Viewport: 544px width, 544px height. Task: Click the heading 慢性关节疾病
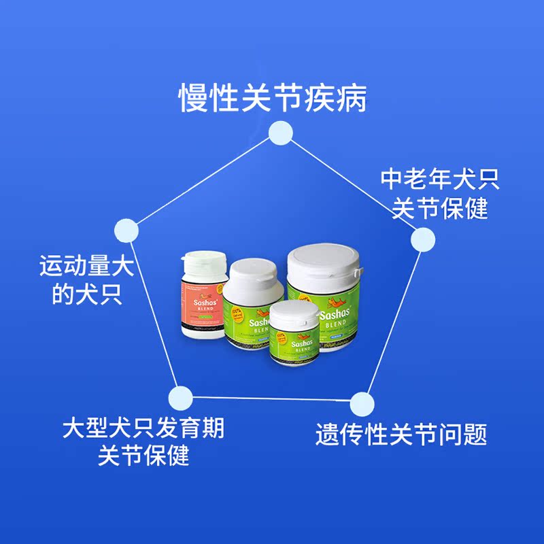pyautogui.click(x=272, y=98)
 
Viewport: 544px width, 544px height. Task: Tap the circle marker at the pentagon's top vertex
pyautogui.click(x=279, y=133)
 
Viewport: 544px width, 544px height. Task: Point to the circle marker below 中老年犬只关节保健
pyautogui.click(x=422, y=239)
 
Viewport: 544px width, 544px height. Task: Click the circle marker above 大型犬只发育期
pyautogui.click(x=180, y=397)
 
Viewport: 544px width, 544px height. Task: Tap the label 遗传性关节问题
pyautogui.click(x=401, y=434)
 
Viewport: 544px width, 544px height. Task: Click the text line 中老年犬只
pyautogui.click(x=440, y=180)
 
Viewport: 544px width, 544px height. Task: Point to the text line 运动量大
pyautogui.click(x=86, y=265)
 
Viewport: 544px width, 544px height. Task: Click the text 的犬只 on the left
pyautogui.click(x=87, y=294)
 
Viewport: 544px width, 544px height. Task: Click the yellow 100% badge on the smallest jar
pyautogui.click(x=281, y=337)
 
